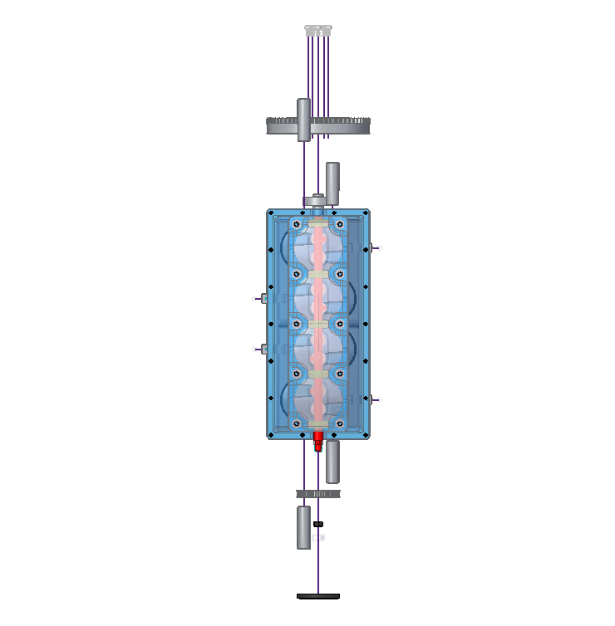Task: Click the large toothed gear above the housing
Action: click(349, 126)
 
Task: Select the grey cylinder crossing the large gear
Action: click(304, 119)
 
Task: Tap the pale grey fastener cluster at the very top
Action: click(318, 30)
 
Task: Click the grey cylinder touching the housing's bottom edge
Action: click(332, 462)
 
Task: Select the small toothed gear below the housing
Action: click(318, 494)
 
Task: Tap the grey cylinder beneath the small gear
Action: click(304, 526)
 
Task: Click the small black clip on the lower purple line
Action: click(318, 524)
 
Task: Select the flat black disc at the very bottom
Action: click(318, 596)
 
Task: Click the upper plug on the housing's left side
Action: click(262, 298)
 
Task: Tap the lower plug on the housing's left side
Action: click(262, 350)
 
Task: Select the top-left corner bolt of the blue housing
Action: click(272, 214)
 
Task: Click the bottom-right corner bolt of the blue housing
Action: click(365, 433)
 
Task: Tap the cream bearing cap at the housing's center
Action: click(318, 324)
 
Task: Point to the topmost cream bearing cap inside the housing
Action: click(318, 224)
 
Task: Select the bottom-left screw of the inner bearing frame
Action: click(297, 423)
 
